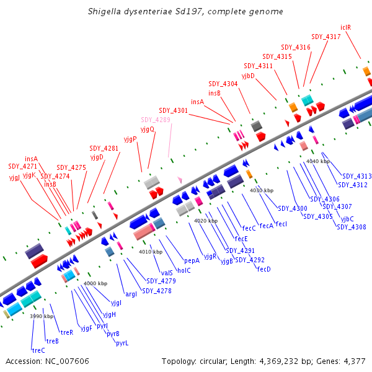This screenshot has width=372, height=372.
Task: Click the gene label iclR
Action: click(346, 27)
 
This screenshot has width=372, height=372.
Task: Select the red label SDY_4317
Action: click(326, 37)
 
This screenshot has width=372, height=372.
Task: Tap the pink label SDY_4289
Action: click(155, 120)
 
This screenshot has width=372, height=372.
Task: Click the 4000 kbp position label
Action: click(95, 283)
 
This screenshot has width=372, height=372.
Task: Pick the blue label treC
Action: click(38, 350)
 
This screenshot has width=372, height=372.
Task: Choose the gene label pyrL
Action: click(122, 343)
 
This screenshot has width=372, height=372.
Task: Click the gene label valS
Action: click(167, 273)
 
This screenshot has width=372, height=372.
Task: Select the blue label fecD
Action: click(263, 269)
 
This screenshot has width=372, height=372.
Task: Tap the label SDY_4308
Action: click(352, 227)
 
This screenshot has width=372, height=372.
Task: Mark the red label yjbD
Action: click(248, 76)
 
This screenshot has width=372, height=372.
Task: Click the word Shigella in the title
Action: click(106, 12)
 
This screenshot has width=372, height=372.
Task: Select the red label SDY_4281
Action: click(104, 148)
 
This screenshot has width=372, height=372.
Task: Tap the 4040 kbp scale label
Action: click(318, 161)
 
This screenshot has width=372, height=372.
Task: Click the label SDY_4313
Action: click(357, 176)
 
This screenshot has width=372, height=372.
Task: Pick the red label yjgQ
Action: click(148, 130)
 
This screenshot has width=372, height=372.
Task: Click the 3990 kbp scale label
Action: click(42, 316)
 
